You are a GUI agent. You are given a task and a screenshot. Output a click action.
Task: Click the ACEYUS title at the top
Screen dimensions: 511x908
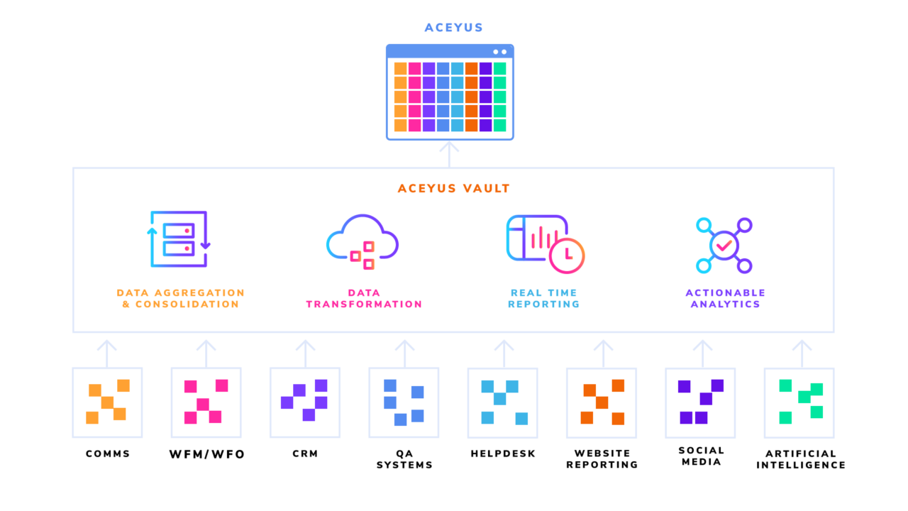click(453, 28)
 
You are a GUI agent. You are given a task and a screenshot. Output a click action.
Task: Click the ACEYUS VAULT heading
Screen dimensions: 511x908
click(453, 189)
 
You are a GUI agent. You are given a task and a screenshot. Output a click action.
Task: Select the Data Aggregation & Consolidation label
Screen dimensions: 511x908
click(180, 298)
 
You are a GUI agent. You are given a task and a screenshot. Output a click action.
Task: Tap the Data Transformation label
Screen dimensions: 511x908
click(364, 298)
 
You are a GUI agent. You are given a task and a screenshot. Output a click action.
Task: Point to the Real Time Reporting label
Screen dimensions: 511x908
click(544, 298)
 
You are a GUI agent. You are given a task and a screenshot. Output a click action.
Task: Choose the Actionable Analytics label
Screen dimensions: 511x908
click(725, 298)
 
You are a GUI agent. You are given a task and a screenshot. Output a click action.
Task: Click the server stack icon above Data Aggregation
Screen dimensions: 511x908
click(179, 239)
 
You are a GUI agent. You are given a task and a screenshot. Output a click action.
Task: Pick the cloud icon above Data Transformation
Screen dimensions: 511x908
click(362, 238)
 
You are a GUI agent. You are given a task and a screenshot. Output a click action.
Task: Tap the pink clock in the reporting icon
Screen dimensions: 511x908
click(567, 255)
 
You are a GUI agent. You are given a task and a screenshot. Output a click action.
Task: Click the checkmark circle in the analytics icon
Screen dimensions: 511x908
click(724, 246)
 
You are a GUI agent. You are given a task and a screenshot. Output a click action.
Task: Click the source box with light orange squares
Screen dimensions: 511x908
click(107, 402)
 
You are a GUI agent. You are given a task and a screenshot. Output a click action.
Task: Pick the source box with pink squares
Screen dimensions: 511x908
click(206, 402)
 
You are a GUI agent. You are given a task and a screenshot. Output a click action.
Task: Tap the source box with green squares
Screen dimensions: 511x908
click(799, 402)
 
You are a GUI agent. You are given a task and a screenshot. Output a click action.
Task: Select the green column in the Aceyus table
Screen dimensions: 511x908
click(499, 97)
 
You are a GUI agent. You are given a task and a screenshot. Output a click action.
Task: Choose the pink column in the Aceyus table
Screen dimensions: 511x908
click(414, 97)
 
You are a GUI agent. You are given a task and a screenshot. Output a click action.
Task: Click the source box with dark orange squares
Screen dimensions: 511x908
click(602, 402)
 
